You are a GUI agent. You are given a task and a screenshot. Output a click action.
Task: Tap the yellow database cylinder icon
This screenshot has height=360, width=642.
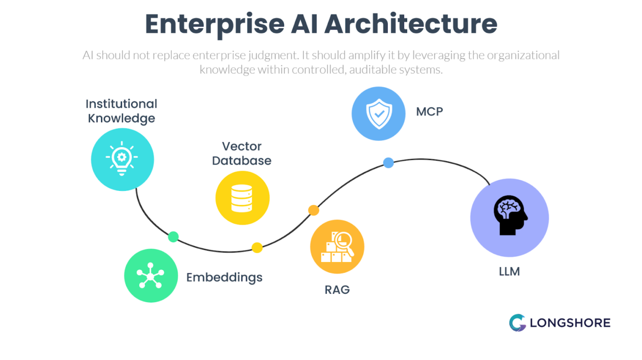tap(242, 197)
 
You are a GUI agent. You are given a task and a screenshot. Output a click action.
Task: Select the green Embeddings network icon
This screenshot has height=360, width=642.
tap(151, 276)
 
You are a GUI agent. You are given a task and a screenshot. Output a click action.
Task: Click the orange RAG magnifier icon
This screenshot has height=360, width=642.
tap(337, 246)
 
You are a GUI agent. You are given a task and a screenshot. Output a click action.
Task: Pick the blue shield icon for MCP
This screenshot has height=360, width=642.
tap(379, 114)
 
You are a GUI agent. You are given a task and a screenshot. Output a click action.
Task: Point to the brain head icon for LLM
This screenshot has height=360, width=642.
tap(509, 216)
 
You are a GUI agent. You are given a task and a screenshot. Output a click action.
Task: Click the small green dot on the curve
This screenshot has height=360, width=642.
tap(173, 236)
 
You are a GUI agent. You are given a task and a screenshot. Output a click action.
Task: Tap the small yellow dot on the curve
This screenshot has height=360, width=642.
tap(257, 247)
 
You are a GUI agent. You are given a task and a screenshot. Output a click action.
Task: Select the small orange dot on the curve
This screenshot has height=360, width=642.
tap(314, 210)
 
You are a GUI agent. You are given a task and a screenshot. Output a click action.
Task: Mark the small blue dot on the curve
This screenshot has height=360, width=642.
tap(388, 163)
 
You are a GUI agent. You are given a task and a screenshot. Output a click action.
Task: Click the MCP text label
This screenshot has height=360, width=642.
tap(430, 112)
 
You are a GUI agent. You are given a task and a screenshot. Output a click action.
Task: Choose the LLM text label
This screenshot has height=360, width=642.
tap(509, 272)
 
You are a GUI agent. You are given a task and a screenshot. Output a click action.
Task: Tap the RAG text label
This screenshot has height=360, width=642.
tap(337, 290)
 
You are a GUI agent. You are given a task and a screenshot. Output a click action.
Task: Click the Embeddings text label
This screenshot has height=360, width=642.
tap(224, 277)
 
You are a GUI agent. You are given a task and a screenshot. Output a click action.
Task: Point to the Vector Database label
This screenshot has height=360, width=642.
tap(242, 154)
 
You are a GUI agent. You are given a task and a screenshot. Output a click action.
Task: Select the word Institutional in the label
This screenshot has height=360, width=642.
tap(121, 104)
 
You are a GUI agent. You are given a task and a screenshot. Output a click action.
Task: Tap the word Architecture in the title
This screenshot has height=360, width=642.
tap(412, 25)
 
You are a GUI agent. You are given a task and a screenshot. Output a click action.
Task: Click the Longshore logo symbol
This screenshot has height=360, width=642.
tap(517, 323)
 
